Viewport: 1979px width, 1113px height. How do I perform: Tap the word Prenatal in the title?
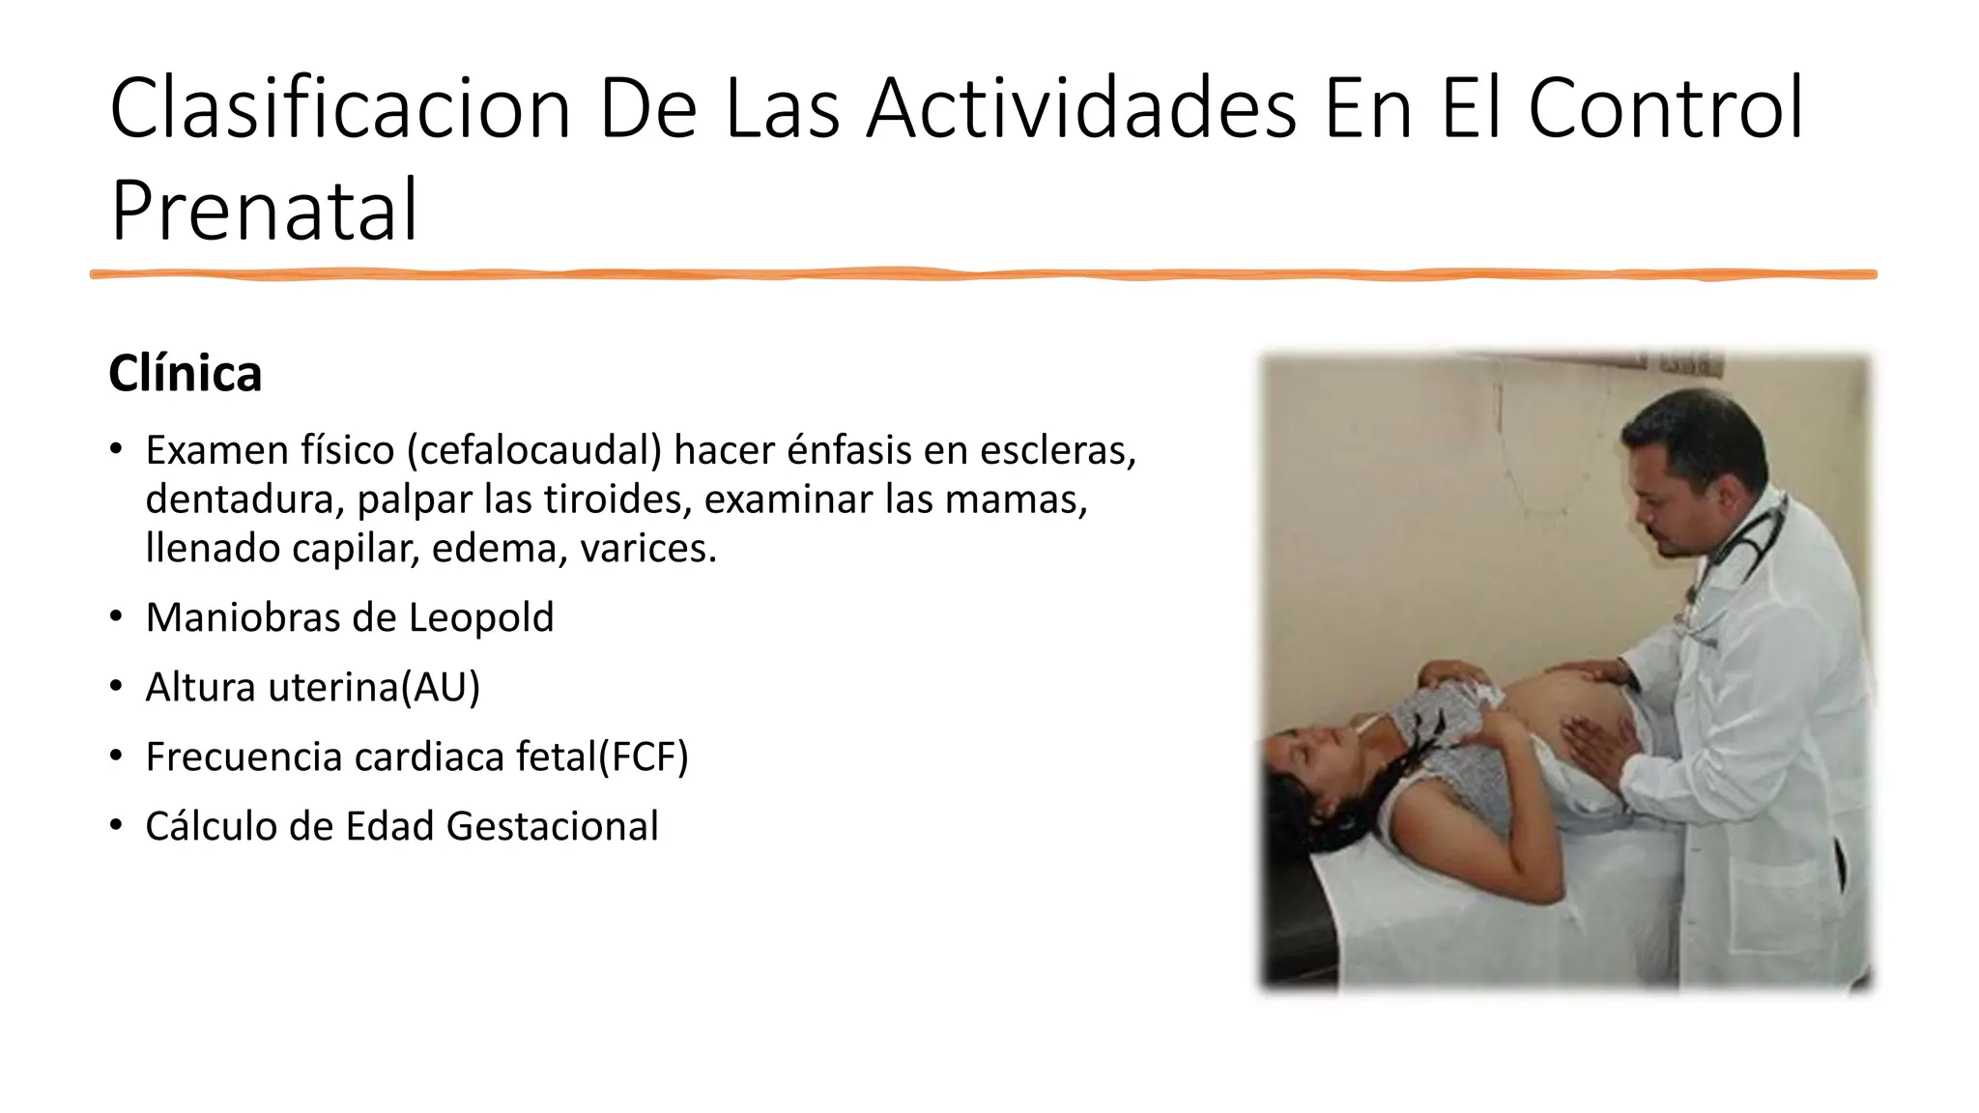[x=264, y=210]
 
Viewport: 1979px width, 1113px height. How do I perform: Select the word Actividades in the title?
[x=1080, y=108]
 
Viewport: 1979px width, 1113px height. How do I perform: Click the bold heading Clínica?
[x=185, y=374]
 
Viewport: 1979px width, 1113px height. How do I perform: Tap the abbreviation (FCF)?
[x=644, y=756]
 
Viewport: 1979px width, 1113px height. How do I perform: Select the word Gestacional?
[x=552, y=826]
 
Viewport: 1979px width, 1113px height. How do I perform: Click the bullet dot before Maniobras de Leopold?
[x=116, y=616]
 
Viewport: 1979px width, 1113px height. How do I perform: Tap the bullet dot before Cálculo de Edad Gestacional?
[x=116, y=825]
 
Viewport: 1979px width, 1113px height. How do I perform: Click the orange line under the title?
[x=983, y=274]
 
